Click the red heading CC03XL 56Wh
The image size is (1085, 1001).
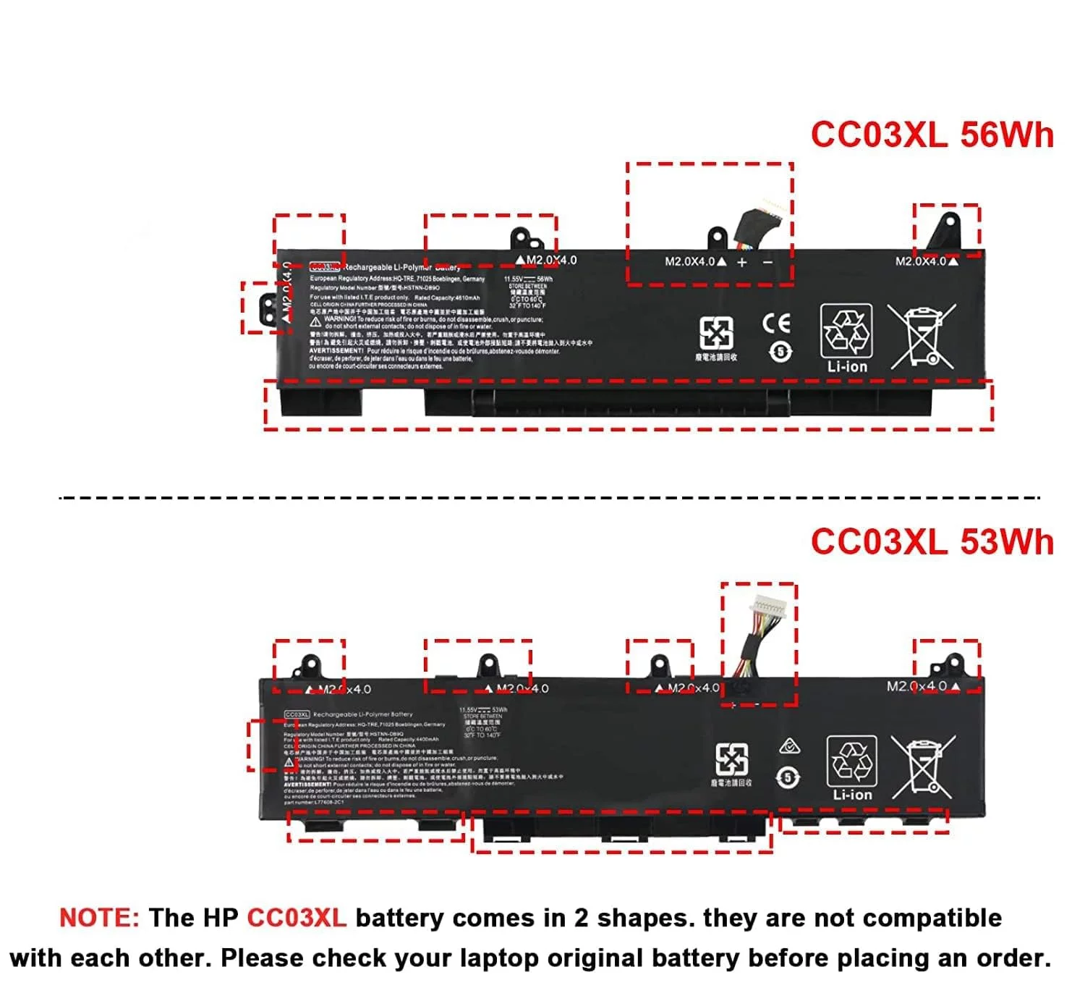click(x=932, y=135)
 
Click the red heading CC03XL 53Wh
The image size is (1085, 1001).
click(x=932, y=541)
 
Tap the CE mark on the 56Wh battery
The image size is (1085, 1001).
click(x=776, y=323)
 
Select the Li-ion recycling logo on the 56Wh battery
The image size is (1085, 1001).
click(x=846, y=338)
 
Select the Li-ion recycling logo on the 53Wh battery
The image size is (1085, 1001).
click(x=852, y=769)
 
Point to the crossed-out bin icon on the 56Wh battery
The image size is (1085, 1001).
click(x=922, y=337)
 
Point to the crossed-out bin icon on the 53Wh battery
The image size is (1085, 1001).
click(x=923, y=767)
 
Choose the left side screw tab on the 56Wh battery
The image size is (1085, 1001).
click(x=267, y=308)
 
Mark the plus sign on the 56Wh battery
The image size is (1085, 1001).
click(x=742, y=262)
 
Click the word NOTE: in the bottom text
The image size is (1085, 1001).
click(x=99, y=918)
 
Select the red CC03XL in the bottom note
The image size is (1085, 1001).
click(x=297, y=918)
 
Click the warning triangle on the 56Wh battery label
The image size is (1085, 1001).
click(x=316, y=321)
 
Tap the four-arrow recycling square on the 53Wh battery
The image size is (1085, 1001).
click(x=731, y=760)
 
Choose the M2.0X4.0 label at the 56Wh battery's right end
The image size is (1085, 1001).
click(x=921, y=261)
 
